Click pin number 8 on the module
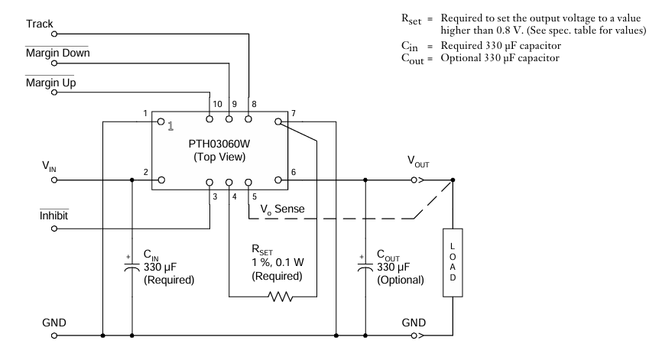(253, 103)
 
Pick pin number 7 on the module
(293, 114)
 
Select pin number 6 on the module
(293, 173)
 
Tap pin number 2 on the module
(145, 173)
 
